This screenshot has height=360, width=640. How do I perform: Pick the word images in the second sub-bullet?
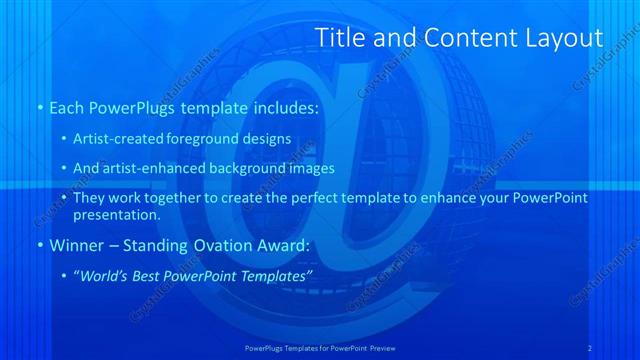pyautogui.click(x=310, y=168)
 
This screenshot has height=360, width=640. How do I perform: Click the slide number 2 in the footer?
pyautogui.click(x=590, y=347)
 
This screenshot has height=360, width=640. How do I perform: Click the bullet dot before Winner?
pyautogui.click(x=39, y=245)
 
